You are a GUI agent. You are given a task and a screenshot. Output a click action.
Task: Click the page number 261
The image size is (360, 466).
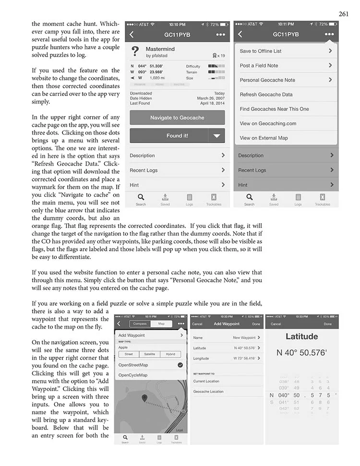(x=343, y=13)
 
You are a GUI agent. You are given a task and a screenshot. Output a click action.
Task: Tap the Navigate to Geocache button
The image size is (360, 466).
(x=177, y=118)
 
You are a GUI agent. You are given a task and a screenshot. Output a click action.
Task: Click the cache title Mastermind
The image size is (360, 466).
(x=160, y=49)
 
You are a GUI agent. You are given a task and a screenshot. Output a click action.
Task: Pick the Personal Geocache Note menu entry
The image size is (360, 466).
(x=267, y=80)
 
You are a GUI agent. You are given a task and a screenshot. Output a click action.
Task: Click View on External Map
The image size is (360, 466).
(x=264, y=138)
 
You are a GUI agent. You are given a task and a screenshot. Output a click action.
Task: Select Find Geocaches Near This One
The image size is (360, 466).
(x=274, y=109)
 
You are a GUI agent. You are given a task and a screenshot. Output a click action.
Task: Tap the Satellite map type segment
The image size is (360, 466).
(x=149, y=354)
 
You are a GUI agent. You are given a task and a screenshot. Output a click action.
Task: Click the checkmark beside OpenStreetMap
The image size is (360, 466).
(x=180, y=365)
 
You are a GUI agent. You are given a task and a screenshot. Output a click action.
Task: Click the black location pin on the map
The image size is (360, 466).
(x=144, y=398)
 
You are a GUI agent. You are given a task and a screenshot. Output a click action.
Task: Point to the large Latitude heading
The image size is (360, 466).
(x=302, y=337)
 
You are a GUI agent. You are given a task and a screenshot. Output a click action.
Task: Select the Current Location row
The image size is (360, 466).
(x=206, y=381)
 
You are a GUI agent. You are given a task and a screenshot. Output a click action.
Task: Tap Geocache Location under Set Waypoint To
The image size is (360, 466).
(x=208, y=392)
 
